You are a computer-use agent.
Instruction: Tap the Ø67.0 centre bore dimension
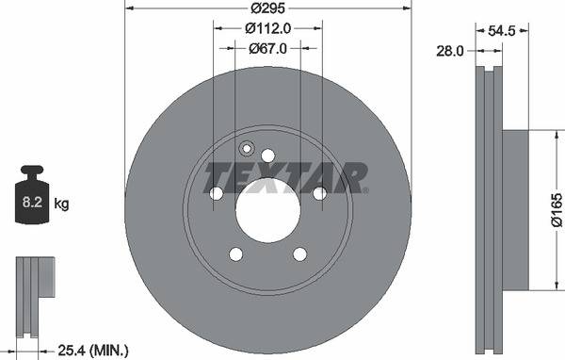pyautogui.click(x=267, y=48)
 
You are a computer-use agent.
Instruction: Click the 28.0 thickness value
pyautogui.click(x=451, y=52)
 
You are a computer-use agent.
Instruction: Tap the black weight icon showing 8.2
pyautogui.click(x=33, y=198)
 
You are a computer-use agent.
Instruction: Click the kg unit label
pyautogui.click(x=61, y=203)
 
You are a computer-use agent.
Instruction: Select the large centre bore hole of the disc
pyautogui.click(x=267, y=208)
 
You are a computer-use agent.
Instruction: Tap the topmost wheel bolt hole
pyautogui.click(x=267, y=155)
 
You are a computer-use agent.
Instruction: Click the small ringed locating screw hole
pyautogui.click(x=248, y=148)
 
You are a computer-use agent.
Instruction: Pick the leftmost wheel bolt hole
pyautogui.click(x=216, y=193)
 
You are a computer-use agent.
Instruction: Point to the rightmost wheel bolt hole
pyautogui.click(x=319, y=193)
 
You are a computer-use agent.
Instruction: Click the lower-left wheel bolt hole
pyautogui.click(x=235, y=254)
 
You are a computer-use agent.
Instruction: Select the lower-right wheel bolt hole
pyautogui.click(x=299, y=254)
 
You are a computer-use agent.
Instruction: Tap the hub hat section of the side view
pyautogui.click(x=516, y=210)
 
